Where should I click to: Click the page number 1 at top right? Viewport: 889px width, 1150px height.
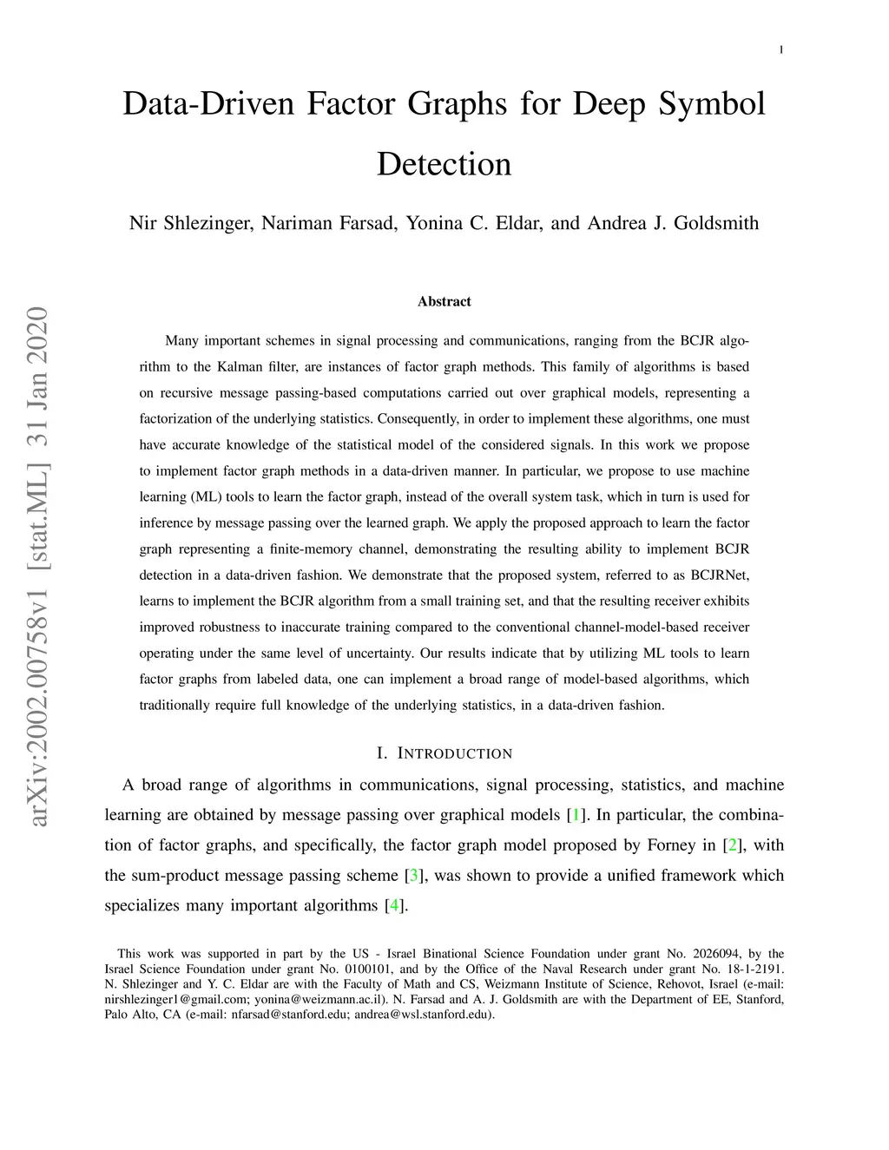point(781,50)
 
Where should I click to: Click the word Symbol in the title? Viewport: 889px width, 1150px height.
point(712,104)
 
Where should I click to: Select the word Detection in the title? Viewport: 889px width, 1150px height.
point(444,164)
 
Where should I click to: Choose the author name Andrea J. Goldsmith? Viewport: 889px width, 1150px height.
point(673,223)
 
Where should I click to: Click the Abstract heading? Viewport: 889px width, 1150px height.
point(444,301)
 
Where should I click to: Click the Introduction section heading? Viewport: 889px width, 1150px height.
point(444,753)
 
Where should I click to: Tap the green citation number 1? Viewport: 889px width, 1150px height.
point(575,815)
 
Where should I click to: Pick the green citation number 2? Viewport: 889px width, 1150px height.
point(732,845)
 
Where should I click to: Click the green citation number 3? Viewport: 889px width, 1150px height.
point(414,876)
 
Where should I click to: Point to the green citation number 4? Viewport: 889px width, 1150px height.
point(395,906)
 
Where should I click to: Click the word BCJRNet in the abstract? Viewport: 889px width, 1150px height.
point(720,575)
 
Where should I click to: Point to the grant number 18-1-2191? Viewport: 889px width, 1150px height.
point(754,969)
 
